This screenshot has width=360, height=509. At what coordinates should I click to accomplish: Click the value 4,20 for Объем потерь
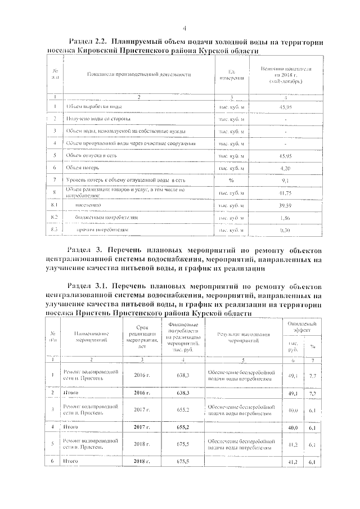tap(285, 168)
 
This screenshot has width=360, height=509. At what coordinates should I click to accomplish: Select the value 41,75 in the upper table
tap(285, 192)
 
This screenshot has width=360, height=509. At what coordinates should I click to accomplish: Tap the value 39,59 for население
tap(285, 205)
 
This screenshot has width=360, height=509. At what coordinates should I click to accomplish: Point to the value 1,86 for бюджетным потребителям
tap(285, 217)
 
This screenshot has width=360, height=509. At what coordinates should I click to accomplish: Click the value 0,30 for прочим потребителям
tap(285, 230)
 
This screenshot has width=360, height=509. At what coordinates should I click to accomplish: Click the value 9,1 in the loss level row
tap(285, 180)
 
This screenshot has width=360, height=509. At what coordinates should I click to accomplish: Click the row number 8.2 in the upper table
tap(55, 217)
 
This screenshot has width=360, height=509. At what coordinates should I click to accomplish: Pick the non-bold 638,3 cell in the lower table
tap(182, 374)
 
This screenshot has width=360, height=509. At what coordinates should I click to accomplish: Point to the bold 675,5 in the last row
tap(182, 462)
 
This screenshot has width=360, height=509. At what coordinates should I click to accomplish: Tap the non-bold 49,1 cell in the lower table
tap(292, 375)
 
